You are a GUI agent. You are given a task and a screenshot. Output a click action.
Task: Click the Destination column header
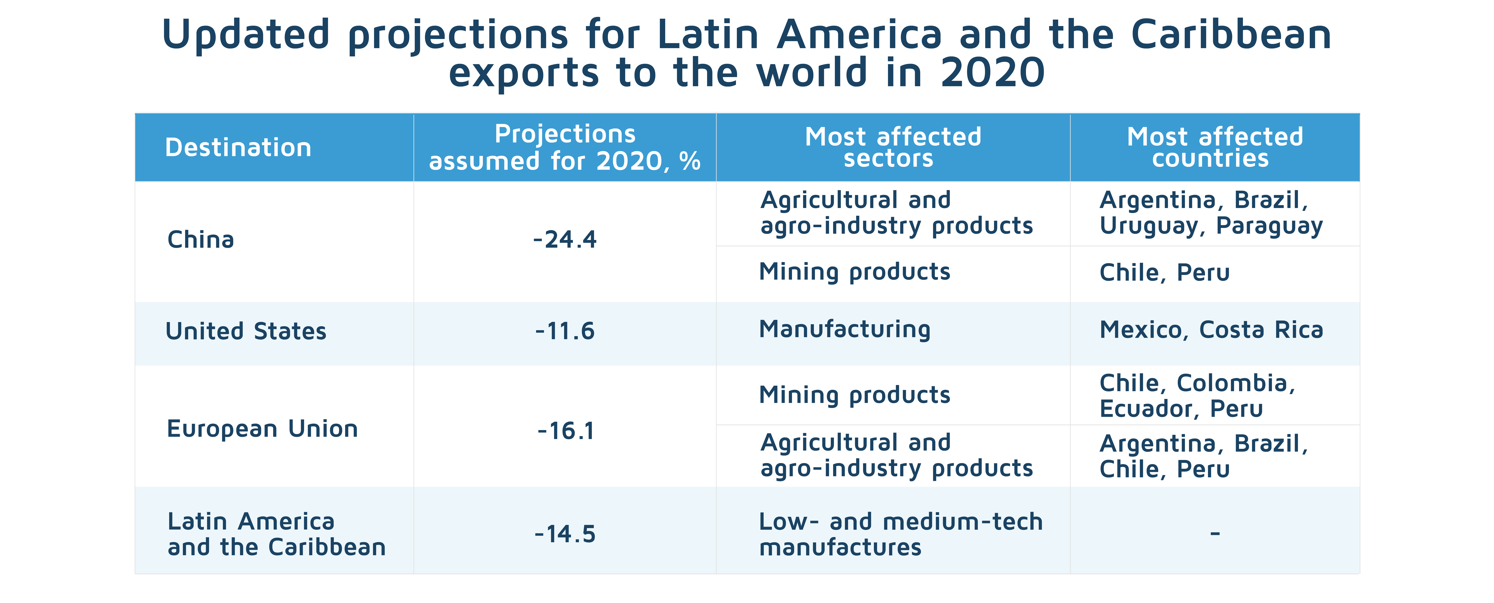tap(238, 147)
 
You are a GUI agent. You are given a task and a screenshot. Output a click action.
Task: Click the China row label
tap(201, 239)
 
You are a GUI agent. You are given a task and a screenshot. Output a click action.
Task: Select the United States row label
tap(246, 331)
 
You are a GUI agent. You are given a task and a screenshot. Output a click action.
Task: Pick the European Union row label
tap(262, 429)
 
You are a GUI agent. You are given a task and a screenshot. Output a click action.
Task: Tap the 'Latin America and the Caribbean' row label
tap(276, 534)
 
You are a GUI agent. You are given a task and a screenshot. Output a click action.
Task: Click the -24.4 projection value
tap(565, 239)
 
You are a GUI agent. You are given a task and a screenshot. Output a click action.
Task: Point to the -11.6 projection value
tap(565, 331)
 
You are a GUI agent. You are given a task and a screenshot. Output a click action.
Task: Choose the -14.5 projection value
tap(565, 534)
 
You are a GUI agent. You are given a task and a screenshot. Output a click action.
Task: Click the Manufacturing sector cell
tap(844, 329)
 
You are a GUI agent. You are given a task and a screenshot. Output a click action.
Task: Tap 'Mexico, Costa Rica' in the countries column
tap(1211, 330)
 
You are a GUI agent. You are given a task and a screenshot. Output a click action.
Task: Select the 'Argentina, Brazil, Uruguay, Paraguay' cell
tap(1211, 213)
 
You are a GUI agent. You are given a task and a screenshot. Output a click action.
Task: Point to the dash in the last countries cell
tap(1215, 533)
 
